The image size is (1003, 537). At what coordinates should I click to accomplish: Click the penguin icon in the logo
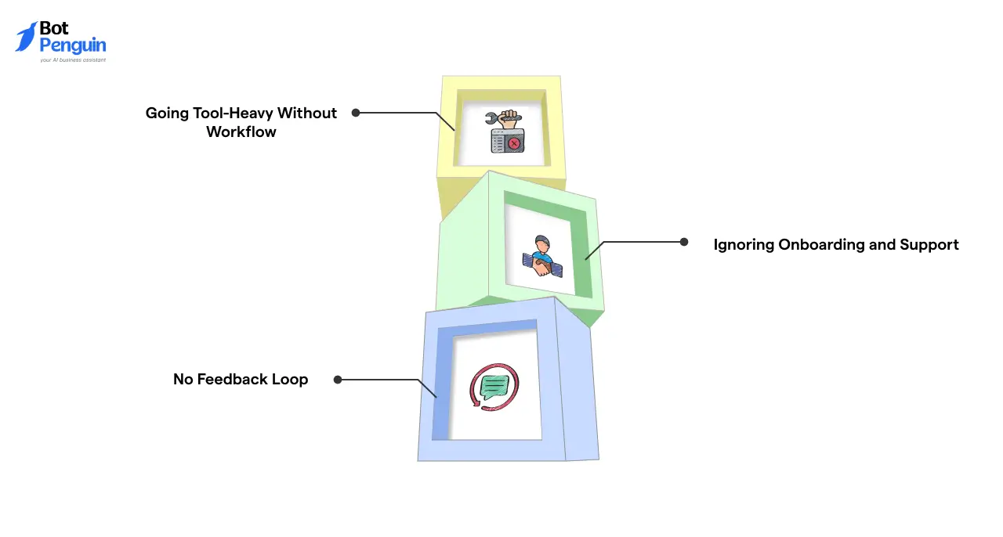pyautogui.click(x=26, y=37)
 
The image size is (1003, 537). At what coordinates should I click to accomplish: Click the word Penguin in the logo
pyautogui.click(x=72, y=45)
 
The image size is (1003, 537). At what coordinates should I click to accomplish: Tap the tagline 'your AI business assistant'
pyautogui.click(x=73, y=59)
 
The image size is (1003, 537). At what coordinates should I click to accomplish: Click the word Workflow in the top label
pyautogui.click(x=241, y=132)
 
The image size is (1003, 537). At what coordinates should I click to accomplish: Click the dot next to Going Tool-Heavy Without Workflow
pyautogui.click(x=356, y=113)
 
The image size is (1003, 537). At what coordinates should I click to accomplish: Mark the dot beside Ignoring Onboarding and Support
pyautogui.click(x=684, y=242)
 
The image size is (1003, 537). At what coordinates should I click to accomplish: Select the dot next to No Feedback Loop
pyautogui.click(x=338, y=380)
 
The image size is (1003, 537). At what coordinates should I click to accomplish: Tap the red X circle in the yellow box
pyautogui.click(x=514, y=144)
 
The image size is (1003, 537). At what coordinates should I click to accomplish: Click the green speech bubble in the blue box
pyautogui.click(x=494, y=386)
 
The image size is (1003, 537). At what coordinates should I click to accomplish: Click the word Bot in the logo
pyautogui.click(x=54, y=29)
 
